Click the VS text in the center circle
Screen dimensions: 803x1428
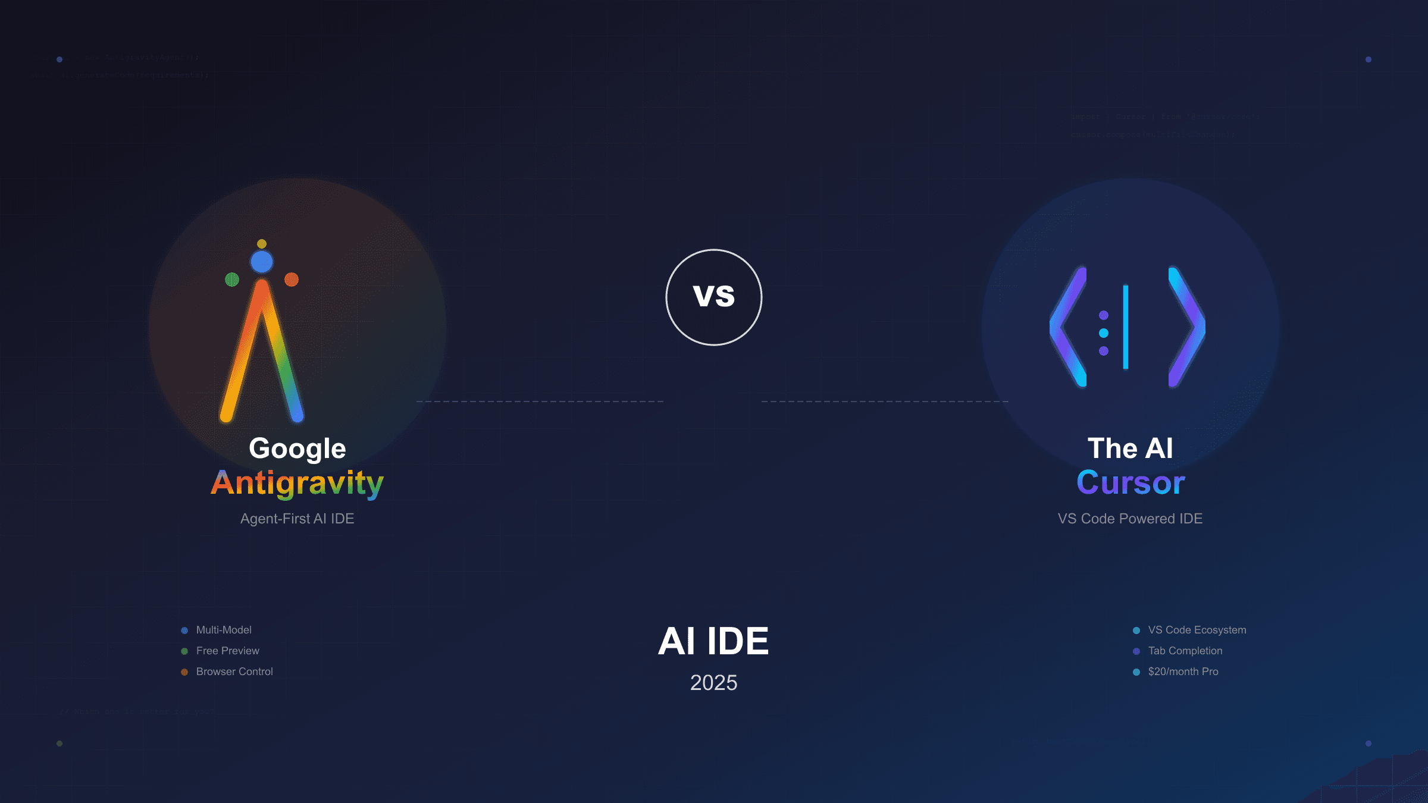[x=714, y=296]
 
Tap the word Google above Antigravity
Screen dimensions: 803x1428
[x=297, y=448]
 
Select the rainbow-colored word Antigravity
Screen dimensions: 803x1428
[x=297, y=483]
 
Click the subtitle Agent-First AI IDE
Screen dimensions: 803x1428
[x=297, y=519]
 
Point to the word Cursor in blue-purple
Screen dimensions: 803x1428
[x=1130, y=482]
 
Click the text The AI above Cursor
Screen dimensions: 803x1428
[x=1130, y=448]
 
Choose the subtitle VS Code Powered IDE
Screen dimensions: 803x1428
[x=1130, y=519]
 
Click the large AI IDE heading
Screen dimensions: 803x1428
[x=713, y=641]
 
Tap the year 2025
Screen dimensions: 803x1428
[x=713, y=683]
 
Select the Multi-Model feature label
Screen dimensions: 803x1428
[x=224, y=630]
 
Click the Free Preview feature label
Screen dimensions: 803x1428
[x=227, y=651]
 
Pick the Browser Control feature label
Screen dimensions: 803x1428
[x=234, y=672]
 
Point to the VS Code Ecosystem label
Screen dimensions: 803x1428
[x=1197, y=630]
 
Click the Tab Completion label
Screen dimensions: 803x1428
[x=1185, y=651]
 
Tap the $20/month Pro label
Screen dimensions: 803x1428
[x=1183, y=672]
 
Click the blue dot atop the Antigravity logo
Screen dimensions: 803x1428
[x=262, y=262]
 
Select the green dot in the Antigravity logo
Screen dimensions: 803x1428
[x=232, y=280]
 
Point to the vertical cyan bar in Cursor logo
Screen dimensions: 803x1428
[x=1126, y=327]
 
